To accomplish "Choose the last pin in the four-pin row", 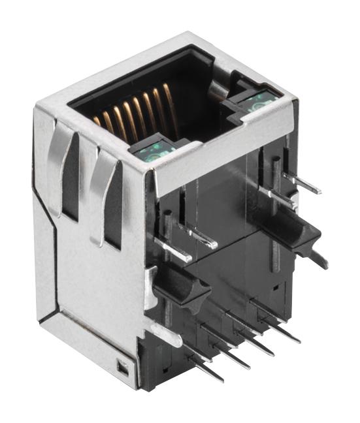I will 297,340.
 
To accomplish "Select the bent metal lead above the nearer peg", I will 196,239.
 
